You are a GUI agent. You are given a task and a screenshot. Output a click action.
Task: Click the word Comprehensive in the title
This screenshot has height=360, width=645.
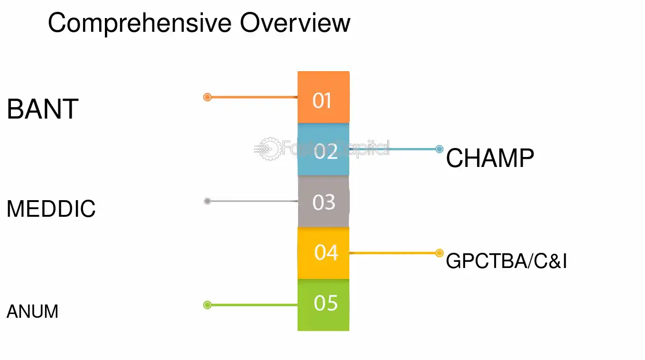click(x=140, y=24)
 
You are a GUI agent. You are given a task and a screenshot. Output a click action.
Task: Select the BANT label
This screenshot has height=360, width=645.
click(x=43, y=109)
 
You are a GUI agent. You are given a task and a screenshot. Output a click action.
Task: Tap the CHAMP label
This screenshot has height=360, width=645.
click(x=490, y=157)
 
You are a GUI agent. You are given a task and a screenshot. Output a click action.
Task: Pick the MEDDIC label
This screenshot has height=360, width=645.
click(x=51, y=209)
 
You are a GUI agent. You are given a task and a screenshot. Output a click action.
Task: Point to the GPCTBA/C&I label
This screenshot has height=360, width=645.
click(x=506, y=261)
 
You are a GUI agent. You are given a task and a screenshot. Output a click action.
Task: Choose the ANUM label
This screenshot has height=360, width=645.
click(x=33, y=311)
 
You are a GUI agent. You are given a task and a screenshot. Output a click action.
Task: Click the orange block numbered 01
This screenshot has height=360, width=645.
click(x=324, y=97)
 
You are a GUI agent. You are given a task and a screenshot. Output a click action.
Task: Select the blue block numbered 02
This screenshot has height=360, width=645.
click(x=324, y=149)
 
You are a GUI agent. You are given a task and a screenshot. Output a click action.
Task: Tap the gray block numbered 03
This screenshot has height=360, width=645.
click(x=324, y=201)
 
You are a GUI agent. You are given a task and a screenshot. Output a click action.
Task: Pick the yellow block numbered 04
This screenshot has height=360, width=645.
click(x=324, y=253)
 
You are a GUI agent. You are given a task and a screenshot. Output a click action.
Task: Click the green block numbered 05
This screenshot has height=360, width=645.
click(x=324, y=305)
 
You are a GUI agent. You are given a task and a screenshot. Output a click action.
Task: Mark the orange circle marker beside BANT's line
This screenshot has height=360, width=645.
click(x=207, y=97)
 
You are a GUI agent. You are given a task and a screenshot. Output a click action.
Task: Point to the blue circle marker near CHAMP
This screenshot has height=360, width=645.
click(x=439, y=149)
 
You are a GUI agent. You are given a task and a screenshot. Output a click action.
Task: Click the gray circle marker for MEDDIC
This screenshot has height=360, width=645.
click(x=207, y=201)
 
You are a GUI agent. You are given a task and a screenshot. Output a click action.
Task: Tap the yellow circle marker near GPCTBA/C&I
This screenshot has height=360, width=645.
click(x=439, y=253)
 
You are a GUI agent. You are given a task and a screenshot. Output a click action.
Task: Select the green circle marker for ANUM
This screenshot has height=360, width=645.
click(x=207, y=305)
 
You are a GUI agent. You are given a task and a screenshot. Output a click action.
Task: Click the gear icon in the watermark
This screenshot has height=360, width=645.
click(x=269, y=149)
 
